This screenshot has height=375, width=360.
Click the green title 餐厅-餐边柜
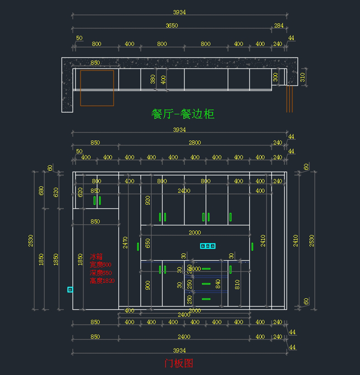(183, 114)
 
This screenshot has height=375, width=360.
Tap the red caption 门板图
(179, 363)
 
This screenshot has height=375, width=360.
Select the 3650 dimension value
(172, 25)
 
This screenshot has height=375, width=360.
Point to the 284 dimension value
(279, 25)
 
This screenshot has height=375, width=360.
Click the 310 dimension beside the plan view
(302, 77)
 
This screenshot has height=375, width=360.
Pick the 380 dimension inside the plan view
(153, 79)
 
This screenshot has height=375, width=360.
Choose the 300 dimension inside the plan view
(275, 77)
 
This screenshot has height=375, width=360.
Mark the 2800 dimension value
(195, 143)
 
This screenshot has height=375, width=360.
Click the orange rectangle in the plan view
(97, 88)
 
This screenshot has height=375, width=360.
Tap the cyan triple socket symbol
(208, 246)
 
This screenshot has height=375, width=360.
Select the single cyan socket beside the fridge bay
(70, 290)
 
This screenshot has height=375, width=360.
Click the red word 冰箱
(96, 257)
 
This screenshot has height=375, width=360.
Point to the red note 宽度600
(100, 265)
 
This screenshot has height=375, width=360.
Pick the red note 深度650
(100, 273)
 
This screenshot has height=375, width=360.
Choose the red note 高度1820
(102, 281)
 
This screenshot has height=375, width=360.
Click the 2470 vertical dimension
(125, 243)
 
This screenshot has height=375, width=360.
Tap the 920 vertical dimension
(148, 200)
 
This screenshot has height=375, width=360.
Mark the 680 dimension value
(41, 191)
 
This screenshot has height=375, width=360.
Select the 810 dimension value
(237, 284)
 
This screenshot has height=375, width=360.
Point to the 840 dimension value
(218, 284)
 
